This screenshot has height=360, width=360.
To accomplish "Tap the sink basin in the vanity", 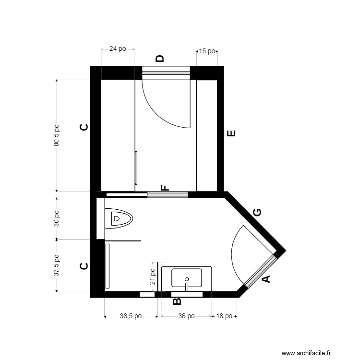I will (x=187, y=278).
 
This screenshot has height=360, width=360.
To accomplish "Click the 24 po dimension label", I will (x=118, y=48).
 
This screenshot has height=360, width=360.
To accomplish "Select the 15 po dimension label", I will (x=207, y=51).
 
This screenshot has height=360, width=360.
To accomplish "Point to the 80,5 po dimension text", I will (x=56, y=135).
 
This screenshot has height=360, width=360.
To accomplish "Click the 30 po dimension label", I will (x=56, y=218).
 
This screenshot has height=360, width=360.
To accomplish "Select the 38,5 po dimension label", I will (x=131, y=316).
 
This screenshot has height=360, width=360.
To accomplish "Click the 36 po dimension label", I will (x=186, y=316).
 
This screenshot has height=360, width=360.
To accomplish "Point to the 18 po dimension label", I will (x=224, y=316).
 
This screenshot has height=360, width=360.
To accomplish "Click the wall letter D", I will (x=160, y=59).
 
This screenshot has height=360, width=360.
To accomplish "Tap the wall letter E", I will (x=231, y=133).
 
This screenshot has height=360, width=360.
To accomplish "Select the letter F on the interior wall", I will (x=165, y=188).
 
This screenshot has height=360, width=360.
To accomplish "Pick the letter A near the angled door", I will (x=265, y=278).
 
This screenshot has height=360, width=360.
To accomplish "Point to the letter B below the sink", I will (x=176, y=301).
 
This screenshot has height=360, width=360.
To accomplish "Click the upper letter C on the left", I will (x=84, y=127).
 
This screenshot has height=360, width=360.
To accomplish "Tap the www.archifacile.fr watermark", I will (x=306, y=353).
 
